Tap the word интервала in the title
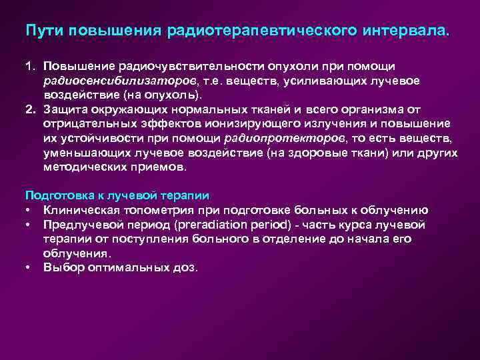[x=407, y=31]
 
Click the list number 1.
[x=29, y=67]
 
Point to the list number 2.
[x=30, y=109]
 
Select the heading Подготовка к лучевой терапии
[x=117, y=195]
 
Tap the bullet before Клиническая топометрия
[x=29, y=210]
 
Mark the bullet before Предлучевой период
[x=29, y=225]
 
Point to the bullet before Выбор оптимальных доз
[x=29, y=267]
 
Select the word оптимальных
[x=123, y=267]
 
